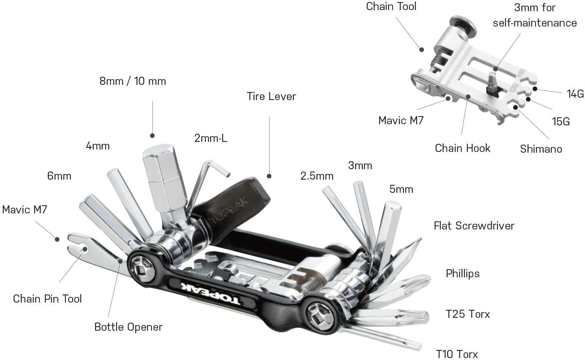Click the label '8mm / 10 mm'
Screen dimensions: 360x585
click(x=133, y=81)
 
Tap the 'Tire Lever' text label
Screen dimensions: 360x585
click(x=271, y=96)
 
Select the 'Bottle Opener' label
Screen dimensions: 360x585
click(x=128, y=327)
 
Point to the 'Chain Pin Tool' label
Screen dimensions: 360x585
click(x=47, y=299)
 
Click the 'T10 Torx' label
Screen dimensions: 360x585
click(x=457, y=354)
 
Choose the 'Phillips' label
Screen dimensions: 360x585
click(x=462, y=274)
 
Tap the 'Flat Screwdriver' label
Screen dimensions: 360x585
click(x=474, y=226)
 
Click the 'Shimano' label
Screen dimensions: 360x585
click(x=541, y=149)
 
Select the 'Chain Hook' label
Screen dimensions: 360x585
click(x=462, y=148)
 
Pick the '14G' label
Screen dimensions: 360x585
click(x=575, y=94)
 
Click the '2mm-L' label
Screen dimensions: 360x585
click(x=211, y=139)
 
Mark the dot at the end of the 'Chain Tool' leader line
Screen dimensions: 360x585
click(x=421, y=49)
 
